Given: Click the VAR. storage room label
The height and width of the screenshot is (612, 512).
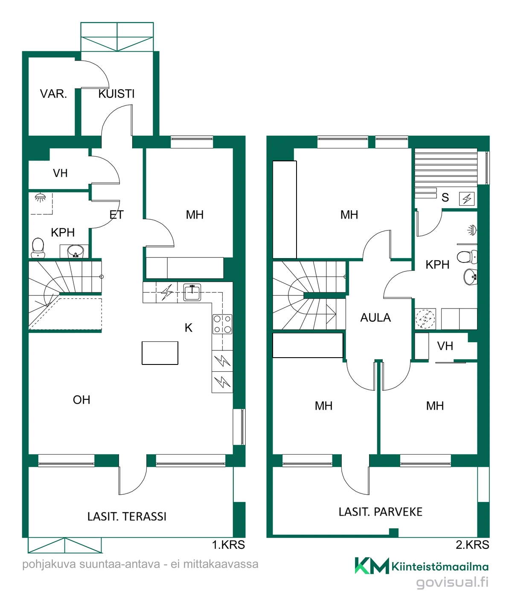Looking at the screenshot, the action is [53, 94].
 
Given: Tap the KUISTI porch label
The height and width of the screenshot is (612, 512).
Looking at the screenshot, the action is [116, 94].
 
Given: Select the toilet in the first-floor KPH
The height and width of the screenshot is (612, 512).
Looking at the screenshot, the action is [38, 248].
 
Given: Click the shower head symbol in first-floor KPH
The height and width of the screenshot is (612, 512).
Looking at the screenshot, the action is [40, 198].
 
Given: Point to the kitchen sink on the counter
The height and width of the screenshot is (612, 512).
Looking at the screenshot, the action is [192, 292].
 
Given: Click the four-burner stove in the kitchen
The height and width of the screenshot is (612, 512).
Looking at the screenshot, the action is [222, 324].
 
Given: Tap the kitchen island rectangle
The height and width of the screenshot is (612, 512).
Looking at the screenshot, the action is [160, 353].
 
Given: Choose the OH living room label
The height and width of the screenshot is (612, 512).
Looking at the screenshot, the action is [81, 400].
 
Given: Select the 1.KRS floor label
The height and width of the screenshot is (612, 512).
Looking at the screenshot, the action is [228, 545].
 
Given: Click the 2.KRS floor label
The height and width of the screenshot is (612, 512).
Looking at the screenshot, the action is [472, 545].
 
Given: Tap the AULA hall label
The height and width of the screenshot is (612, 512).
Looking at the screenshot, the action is [375, 318].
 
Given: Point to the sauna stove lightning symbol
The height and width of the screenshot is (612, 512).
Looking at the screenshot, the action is [467, 199].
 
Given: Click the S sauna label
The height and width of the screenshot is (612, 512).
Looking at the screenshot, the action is [445, 198].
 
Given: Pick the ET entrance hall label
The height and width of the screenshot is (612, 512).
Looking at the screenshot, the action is [116, 215].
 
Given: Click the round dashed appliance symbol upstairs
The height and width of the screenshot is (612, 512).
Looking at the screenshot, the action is [425, 318].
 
